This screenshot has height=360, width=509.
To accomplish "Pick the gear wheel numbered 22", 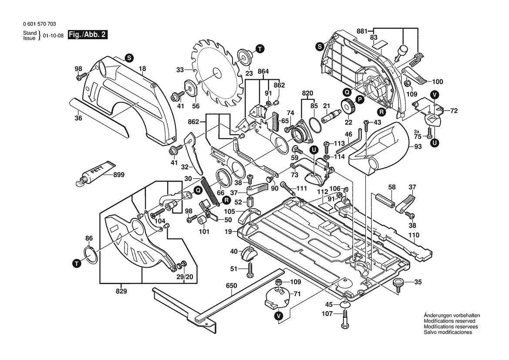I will (347, 106).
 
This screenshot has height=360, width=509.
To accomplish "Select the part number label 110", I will (414, 235).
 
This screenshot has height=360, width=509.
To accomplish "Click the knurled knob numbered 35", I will (398, 284).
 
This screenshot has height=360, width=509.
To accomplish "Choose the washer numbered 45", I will (344, 304).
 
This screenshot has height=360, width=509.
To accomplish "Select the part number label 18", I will (142, 68).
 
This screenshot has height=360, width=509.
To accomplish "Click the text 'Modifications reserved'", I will (449, 321).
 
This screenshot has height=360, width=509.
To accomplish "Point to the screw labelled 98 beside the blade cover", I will (79, 78).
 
